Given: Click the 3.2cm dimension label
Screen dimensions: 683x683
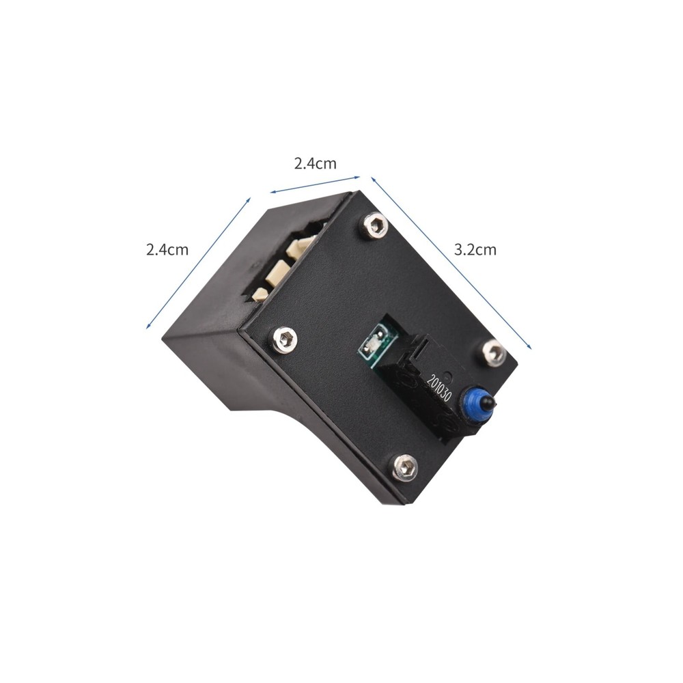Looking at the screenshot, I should pos(475,250).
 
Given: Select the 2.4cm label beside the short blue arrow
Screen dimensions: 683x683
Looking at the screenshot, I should pos(315,163).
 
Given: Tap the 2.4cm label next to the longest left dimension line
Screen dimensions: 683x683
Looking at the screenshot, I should pos(167,250).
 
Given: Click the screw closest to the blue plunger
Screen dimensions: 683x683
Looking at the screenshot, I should pos(494,352).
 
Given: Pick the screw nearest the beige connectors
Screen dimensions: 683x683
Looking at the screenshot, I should pos(374,225).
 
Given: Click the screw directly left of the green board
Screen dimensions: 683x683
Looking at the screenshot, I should pos(285,338).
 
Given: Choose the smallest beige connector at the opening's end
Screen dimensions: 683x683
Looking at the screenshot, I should pos(260,294).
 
